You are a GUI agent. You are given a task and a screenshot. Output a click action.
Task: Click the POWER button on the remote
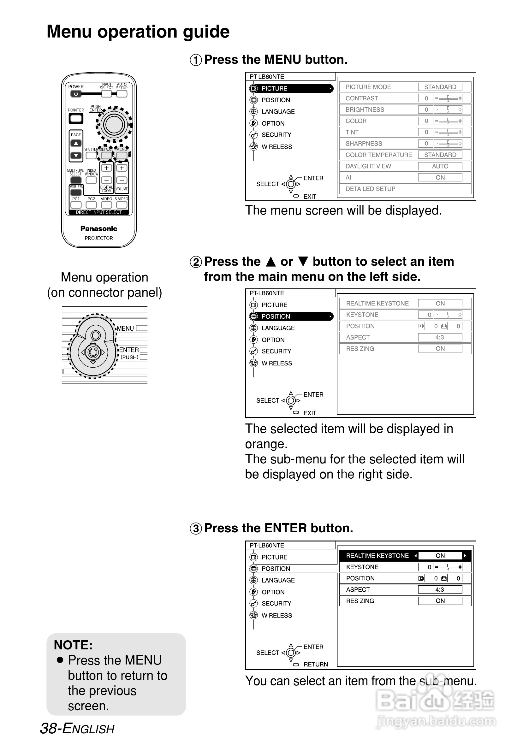click(x=75, y=94)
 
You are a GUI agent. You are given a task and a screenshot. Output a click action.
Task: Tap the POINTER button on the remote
click(x=76, y=118)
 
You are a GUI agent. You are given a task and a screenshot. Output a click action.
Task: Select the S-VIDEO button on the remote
click(x=122, y=205)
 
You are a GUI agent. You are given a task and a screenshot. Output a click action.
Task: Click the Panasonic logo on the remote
click(x=98, y=229)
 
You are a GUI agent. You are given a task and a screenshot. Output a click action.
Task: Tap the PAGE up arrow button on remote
click(x=76, y=143)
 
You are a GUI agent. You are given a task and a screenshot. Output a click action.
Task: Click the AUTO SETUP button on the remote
click(x=122, y=94)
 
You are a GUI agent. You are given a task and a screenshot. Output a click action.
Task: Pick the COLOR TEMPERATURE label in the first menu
click(x=378, y=155)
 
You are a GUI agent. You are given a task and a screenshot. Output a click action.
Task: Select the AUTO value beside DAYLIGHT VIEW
click(x=440, y=166)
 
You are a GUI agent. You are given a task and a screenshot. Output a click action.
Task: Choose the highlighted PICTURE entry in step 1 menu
click(x=274, y=88)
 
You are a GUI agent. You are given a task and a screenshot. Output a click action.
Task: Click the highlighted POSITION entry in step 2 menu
click(x=276, y=316)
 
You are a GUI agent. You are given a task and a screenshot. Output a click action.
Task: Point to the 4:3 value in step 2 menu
click(x=440, y=337)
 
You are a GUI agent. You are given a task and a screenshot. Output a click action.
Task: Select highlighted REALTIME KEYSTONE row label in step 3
click(x=377, y=556)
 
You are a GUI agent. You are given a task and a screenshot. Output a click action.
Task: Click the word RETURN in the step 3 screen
click(x=316, y=664)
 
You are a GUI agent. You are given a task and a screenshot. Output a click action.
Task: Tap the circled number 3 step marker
click(x=196, y=529)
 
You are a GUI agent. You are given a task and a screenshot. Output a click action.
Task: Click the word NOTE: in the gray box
click(x=73, y=645)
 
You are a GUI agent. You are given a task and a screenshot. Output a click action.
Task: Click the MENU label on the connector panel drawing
click(x=125, y=328)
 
